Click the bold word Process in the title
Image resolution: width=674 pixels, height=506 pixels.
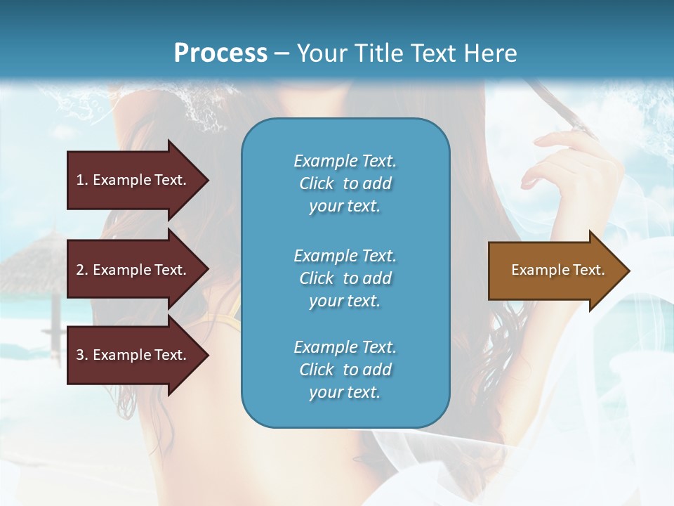click(x=220, y=53)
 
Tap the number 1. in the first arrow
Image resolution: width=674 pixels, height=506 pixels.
click(x=82, y=180)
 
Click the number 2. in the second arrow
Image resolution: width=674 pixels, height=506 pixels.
click(x=82, y=270)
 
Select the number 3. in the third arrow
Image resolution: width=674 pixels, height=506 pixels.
click(x=82, y=355)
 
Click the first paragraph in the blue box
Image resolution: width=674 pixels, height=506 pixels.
click(x=345, y=183)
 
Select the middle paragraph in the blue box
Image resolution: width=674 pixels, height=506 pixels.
click(x=345, y=278)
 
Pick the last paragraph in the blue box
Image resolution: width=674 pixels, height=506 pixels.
click(x=345, y=370)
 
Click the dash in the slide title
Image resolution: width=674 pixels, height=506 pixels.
click(x=282, y=54)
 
